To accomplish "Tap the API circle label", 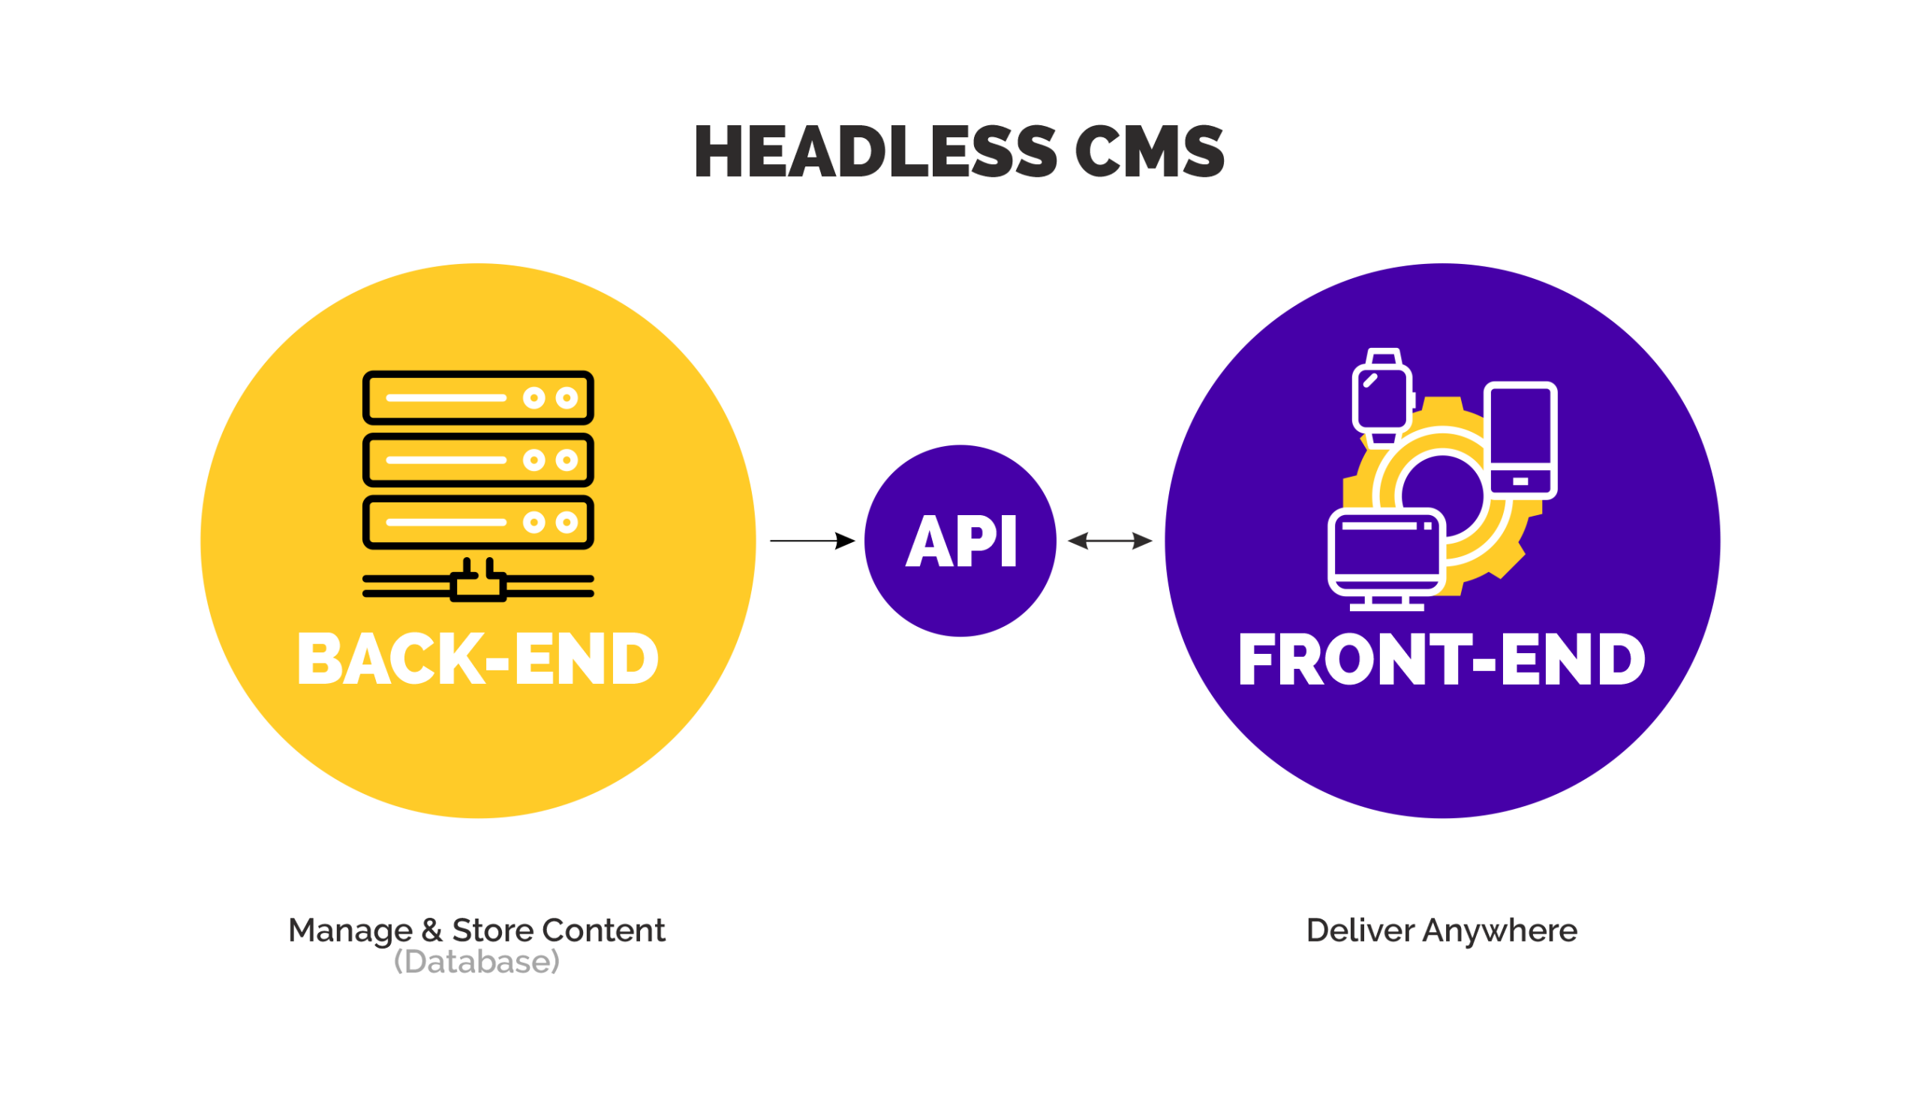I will point(961,541).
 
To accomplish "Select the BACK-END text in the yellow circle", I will point(478,660).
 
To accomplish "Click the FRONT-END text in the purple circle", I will point(1442,660).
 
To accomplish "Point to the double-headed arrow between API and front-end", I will point(1110,540).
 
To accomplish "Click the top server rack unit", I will point(478,397).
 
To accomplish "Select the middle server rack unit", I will point(478,460).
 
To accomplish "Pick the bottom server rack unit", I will point(478,522).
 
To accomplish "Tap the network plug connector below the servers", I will point(478,583).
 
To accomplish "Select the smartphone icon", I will point(1520,440).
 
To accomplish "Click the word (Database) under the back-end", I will point(477,962).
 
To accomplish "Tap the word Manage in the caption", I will point(350,931).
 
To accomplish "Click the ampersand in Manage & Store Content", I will point(432,931).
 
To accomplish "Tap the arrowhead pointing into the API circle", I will point(844,541).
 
